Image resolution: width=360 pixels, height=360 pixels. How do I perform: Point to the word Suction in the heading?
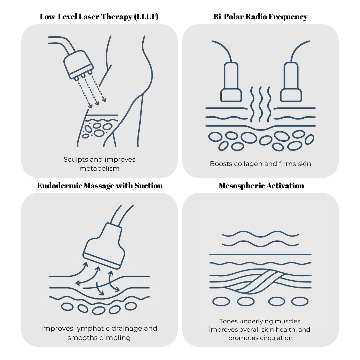point(149,186)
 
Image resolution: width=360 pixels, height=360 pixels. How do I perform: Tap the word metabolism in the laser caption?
point(99,169)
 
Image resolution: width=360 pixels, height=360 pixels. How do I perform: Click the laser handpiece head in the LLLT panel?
point(78,65)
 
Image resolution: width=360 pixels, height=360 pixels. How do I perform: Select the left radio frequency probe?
point(231,82)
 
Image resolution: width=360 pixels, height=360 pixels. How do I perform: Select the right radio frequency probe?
point(291,82)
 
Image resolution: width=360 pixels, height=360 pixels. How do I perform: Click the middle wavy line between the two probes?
point(261,104)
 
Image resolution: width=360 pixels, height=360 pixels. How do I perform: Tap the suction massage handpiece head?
point(104,246)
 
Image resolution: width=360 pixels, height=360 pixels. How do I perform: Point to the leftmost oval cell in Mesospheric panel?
point(221,301)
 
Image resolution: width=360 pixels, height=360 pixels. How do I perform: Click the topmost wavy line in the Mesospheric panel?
point(260,234)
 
